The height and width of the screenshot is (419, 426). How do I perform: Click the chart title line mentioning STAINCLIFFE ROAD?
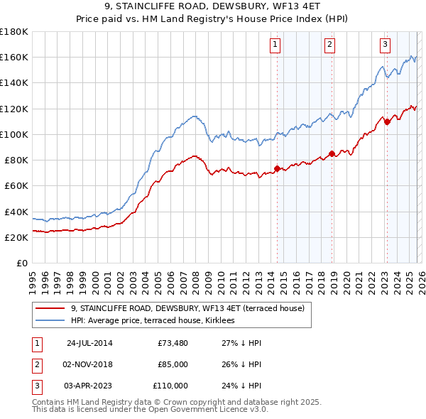(x=212, y=8)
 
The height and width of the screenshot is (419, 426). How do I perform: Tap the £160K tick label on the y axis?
(x=13, y=57)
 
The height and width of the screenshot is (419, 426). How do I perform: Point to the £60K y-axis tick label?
(x=16, y=185)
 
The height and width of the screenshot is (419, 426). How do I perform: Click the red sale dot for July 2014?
(x=278, y=168)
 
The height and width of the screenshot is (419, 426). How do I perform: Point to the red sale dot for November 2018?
(x=332, y=153)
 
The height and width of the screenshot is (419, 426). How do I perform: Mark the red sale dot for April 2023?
(x=387, y=121)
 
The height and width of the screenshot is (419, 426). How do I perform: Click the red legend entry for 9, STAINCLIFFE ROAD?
(x=187, y=308)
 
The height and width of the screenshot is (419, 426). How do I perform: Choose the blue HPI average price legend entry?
(x=157, y=321)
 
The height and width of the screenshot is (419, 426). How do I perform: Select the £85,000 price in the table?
(x=173, y=364)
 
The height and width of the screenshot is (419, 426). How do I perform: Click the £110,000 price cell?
(x=170, y=386)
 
